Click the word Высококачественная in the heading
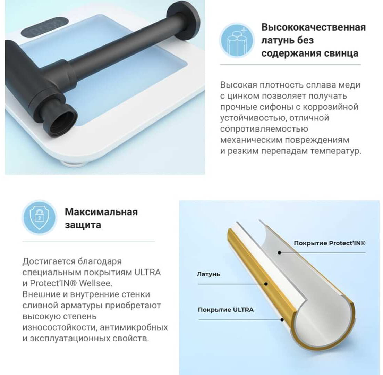313,27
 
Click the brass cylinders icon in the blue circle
237,41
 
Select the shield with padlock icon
39,217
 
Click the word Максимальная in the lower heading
101,212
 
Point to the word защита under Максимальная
83,225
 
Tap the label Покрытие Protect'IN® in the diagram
330,243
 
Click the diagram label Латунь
208,274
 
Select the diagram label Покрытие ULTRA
226,310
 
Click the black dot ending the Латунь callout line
266,284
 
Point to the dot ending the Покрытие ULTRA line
282,319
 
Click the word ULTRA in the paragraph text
147,272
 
